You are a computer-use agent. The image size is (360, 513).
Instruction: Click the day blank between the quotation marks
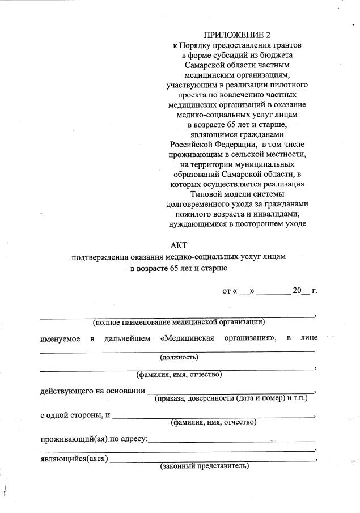[244, 291]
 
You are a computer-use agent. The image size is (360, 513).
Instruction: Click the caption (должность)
[179, 357]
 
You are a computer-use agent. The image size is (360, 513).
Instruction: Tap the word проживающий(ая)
[73, 439]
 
